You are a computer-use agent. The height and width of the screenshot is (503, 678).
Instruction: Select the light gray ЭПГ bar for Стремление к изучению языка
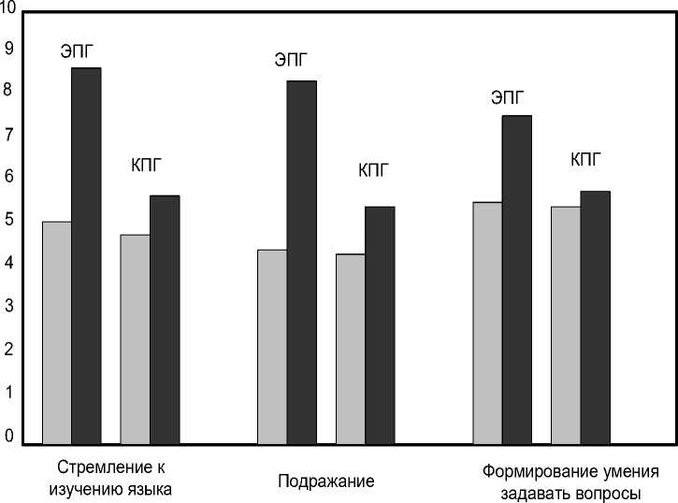tap(57, 332)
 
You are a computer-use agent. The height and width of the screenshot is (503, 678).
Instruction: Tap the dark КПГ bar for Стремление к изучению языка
tap(165, 319)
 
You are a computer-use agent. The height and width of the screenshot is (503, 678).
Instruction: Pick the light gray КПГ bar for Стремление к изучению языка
tap(136, 338)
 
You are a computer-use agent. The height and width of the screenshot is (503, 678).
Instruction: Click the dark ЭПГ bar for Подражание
tap(301, 262)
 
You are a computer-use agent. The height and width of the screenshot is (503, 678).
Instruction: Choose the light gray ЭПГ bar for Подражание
tap(272, 346)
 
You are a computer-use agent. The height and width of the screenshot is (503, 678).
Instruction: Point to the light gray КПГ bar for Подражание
tap(351, 349)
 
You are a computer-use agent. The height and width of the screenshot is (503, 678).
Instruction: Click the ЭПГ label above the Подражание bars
tap(290, 61)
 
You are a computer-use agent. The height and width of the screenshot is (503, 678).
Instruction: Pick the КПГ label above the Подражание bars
tap(373, 170)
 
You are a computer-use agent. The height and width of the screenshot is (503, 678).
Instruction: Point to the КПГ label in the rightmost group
tap(586, 158)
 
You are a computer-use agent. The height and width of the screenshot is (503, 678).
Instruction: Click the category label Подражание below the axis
tap(326, 482)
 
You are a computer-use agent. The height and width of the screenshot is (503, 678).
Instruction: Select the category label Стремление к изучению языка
tap(115, 478)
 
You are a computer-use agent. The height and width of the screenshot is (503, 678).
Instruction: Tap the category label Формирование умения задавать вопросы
tap(570, 482)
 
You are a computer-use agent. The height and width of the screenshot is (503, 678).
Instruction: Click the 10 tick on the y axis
tap(8, 7)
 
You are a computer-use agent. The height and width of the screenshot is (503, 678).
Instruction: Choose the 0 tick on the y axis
tap(8, 436)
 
